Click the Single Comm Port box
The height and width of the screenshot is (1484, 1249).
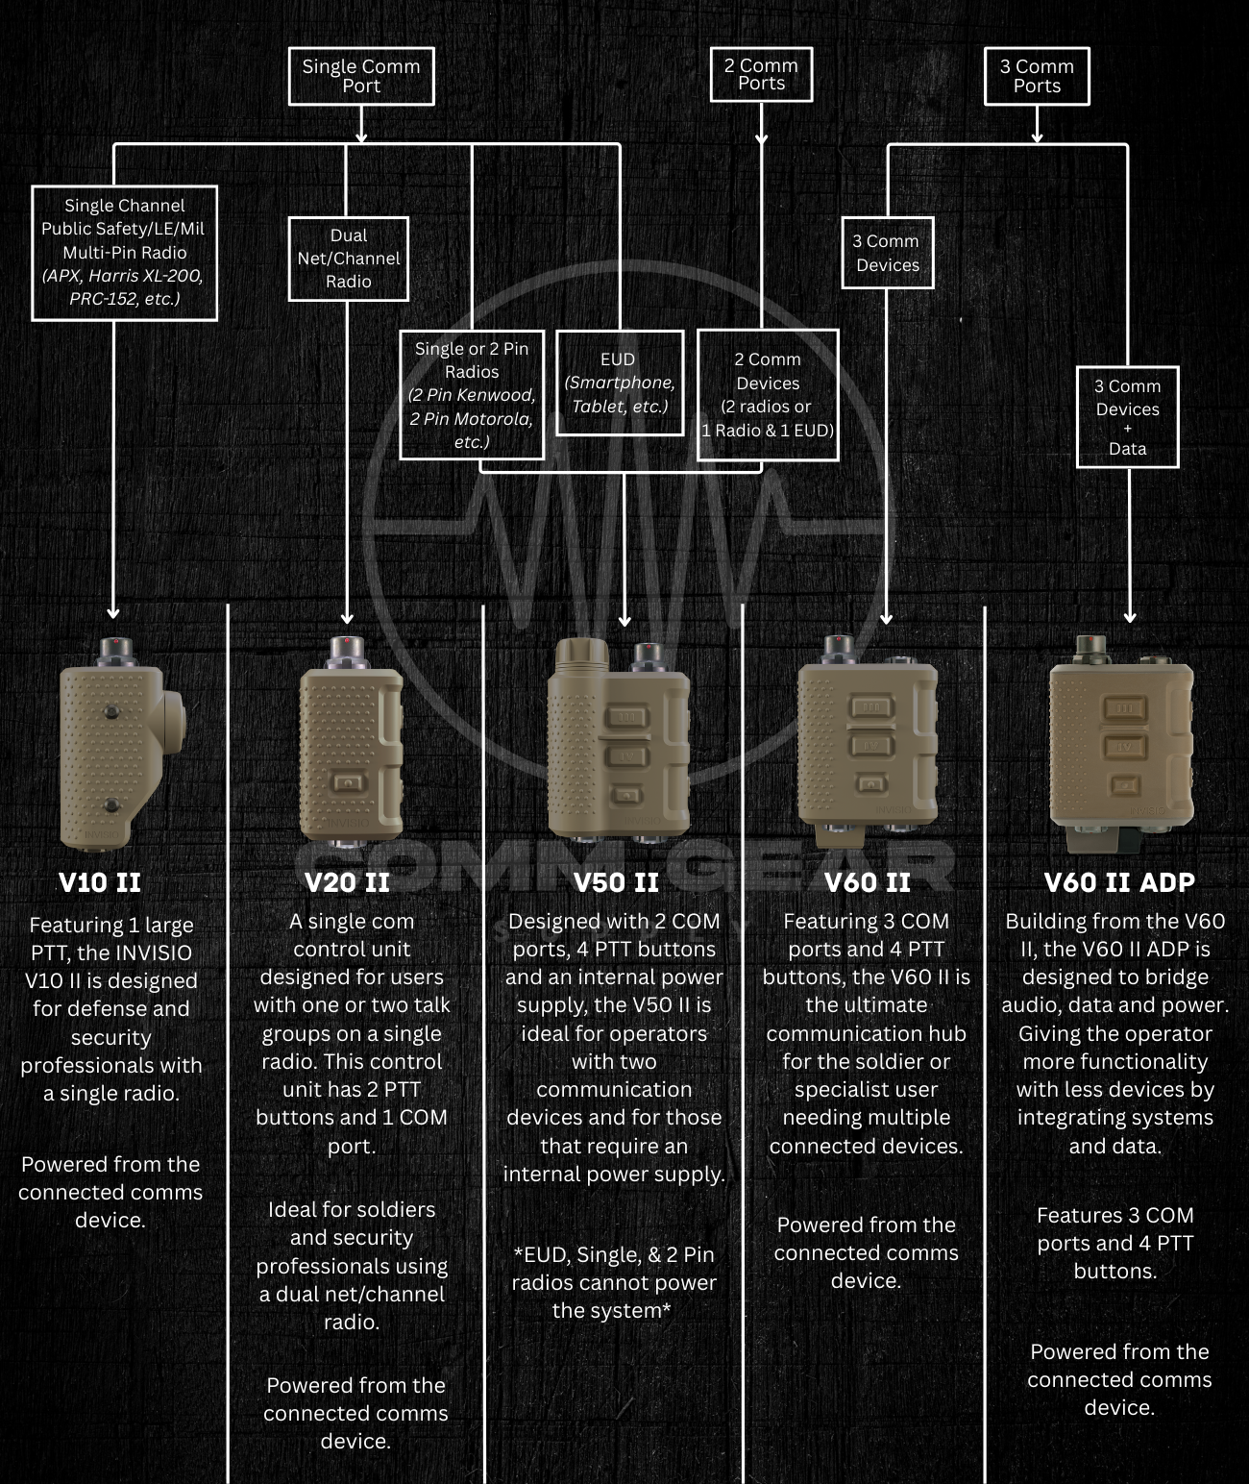pos(361,76)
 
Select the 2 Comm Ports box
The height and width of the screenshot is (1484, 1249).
pos(761,74)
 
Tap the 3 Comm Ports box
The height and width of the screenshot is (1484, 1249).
pos(1037,76)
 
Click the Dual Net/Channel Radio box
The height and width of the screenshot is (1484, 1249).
pos(348,259)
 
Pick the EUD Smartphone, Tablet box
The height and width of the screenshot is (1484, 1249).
pos(620,383)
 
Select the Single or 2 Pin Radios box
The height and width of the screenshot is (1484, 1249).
pos(472,395)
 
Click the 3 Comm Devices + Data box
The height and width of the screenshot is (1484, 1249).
pos(1127,417)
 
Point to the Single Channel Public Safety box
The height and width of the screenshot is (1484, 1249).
pos(124,252)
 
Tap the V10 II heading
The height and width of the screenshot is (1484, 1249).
pos(100,882)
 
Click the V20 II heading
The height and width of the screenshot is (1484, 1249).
pos(347,882)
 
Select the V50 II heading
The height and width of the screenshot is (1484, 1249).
pos(616,882)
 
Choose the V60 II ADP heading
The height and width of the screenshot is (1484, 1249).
pos(1119,882)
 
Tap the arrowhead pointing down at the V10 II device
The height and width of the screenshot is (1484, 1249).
pos(113,612)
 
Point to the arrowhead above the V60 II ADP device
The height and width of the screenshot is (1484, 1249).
pos(1130,616)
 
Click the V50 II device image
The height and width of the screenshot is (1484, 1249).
pos(619,740)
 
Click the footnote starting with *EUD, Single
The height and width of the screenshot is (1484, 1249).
pos(613,1282)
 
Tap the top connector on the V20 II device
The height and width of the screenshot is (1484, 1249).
pos(346,652)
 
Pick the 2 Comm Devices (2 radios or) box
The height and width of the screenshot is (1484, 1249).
pos(768,395)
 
